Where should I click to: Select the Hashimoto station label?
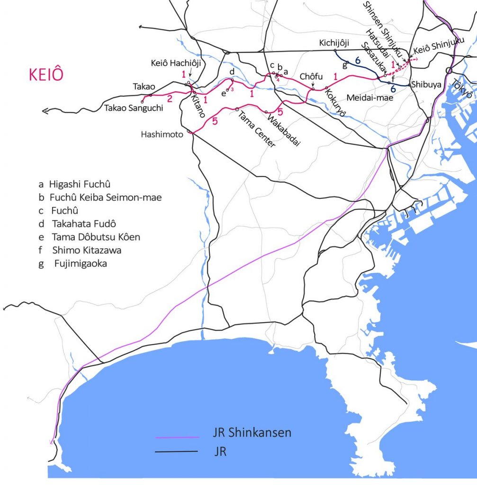click(162, 135)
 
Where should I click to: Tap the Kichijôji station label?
click(334, 44)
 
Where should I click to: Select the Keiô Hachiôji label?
click(176, 63)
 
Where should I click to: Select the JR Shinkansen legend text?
click(252, 432)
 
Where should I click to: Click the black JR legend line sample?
click(176, 452)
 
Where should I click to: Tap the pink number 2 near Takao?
click(169, 98)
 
